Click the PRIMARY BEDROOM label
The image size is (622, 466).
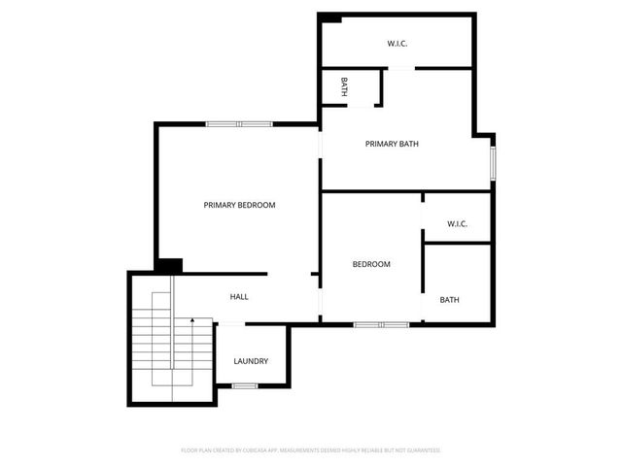point(239,205)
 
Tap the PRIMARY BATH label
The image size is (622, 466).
point(392,144)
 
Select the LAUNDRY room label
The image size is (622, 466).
point(251,361)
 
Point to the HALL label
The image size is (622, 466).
point(239,297)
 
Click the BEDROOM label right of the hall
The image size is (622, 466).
point(371,264)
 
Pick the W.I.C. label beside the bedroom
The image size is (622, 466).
point(457,224)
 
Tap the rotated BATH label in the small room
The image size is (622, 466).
point(344,87)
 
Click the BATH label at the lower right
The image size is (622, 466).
point(449,300)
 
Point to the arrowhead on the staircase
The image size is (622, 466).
point(192,318)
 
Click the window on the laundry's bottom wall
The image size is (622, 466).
point(245,386)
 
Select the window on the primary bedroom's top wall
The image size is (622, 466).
point(238,123)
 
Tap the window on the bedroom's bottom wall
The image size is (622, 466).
point(381,324)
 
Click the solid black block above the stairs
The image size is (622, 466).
point(169,265)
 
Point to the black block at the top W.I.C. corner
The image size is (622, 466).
point(330,17)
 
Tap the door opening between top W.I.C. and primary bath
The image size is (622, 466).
point(400,68)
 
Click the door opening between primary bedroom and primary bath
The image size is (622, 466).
point(321,155)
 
